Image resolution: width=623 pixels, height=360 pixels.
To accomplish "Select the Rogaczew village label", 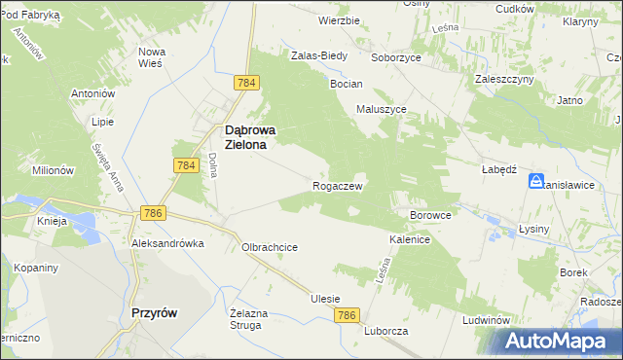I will [338, 185].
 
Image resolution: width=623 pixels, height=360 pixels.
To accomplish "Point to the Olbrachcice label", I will [270, 247].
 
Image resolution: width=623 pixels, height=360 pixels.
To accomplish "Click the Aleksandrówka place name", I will [168, 243].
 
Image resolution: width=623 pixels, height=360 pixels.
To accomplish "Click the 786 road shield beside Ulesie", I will [348, 316].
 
